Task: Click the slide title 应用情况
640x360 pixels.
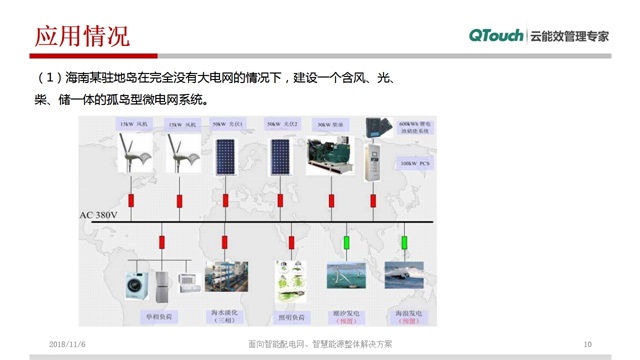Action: tap(82, 37)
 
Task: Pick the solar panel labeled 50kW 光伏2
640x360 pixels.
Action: tap(280, 157)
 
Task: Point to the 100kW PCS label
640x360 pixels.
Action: tap(414, 162)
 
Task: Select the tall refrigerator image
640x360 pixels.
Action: tap(163, 280)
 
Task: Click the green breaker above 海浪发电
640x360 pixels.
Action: tap(405, 242)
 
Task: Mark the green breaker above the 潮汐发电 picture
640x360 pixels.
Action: tap(346, 242)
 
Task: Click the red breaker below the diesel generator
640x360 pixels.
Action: tap(331, 201)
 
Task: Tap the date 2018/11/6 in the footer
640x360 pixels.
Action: tap(69, 343)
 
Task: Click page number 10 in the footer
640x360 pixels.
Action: tap(587, 343)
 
